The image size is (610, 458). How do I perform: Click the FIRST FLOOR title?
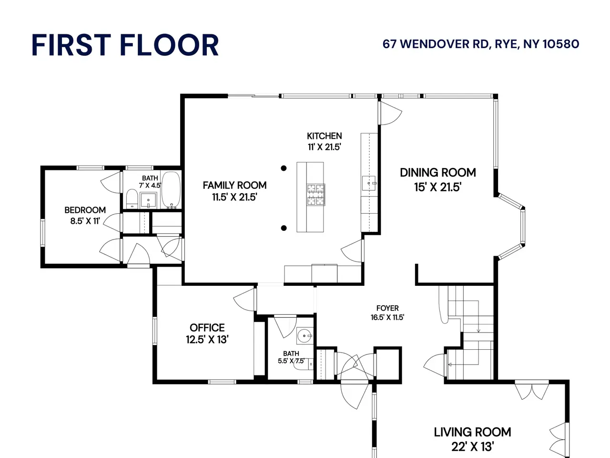(x=125, y=45)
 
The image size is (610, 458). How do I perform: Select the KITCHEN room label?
(x=325, y=136)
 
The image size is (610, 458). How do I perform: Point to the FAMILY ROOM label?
(x=234, y=185)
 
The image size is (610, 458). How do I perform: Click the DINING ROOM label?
(x=437, y=173)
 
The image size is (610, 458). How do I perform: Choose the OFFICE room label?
(x=207, y=328)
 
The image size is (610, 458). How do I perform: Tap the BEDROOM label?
(x=85, y=210)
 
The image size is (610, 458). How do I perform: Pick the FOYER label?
(x=387, y=308)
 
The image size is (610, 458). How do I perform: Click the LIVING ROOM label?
(x=472, y=432)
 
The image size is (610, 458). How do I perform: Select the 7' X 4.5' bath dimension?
(x=150, y=185)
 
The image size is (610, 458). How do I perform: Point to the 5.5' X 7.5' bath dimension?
(x=291, y=361)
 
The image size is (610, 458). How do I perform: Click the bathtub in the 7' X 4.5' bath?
(x=171, y=190)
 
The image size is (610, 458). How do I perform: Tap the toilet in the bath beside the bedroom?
(x=132, y=198)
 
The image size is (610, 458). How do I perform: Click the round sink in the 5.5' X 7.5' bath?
(x=305, y=336)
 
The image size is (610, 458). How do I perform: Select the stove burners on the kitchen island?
(x=316, y=195)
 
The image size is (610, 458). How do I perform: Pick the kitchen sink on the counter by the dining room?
(x=369, y=183)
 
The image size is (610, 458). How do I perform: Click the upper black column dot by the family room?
(x=284, y=168)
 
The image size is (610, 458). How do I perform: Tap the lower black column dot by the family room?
(x=284, y=228)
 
